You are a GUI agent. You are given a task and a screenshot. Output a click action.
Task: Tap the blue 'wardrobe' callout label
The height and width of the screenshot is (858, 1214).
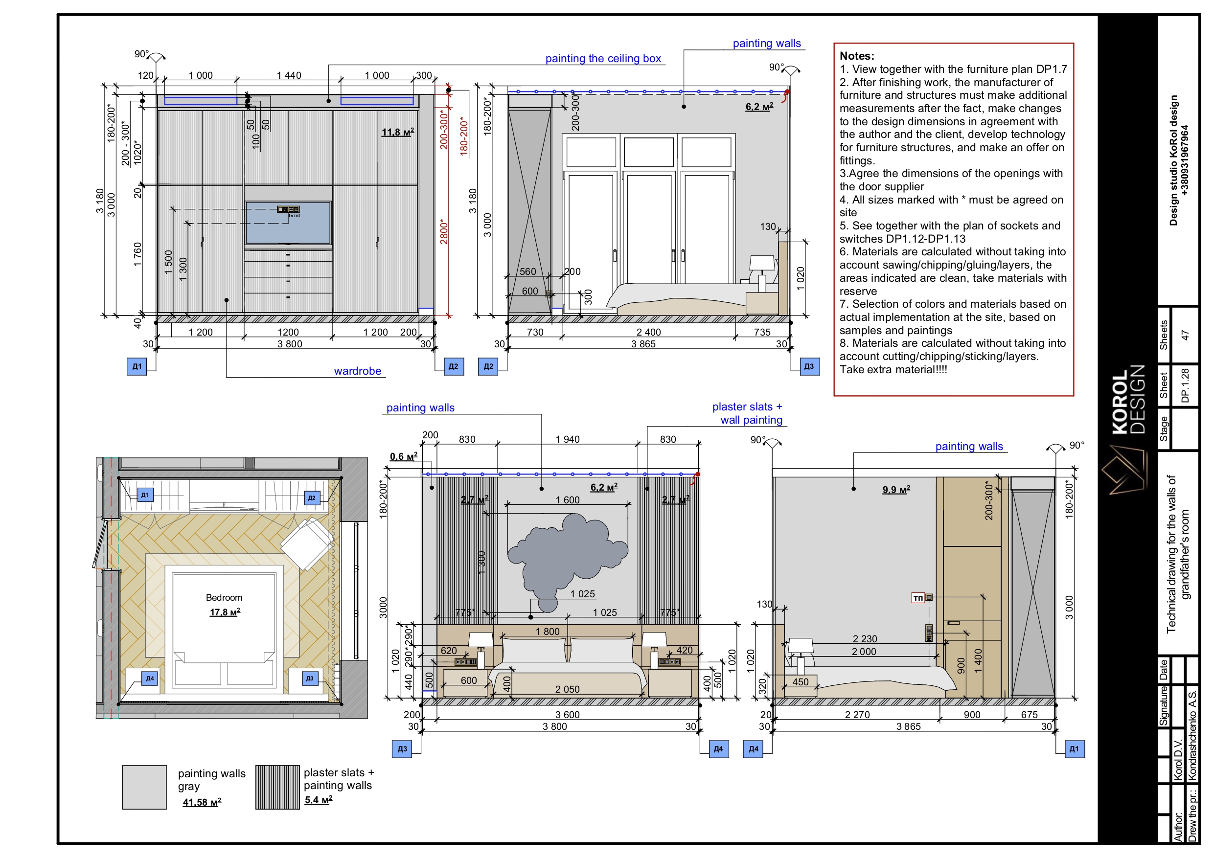click(x=357, y=371)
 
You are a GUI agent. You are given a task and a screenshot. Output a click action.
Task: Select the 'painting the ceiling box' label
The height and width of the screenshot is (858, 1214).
click(x=603, y=58)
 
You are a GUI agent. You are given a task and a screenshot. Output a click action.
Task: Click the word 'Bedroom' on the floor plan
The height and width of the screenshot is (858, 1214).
click(x=224, y=597)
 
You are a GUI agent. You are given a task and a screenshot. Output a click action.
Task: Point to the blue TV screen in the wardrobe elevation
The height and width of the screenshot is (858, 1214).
click(x=288, y=222)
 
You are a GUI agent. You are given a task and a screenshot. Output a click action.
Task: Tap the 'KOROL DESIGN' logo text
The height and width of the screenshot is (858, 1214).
click(x=1128, y=399)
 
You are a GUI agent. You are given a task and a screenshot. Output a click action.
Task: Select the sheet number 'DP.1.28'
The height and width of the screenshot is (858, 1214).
click(x=1185, y=385)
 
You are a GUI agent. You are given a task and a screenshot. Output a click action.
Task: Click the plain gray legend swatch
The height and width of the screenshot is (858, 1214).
click(x=144, y=787)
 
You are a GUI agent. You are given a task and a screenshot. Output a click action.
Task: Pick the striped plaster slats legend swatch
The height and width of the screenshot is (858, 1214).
click(x=277, y=787)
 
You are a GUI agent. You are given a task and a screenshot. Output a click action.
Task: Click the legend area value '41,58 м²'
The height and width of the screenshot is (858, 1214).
click(x=202, y=802)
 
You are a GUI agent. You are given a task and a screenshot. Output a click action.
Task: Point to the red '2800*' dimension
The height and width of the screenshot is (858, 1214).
click(x=444, y=231)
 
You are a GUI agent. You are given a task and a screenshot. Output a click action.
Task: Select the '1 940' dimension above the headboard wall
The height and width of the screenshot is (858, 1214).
click(x=567, y=439)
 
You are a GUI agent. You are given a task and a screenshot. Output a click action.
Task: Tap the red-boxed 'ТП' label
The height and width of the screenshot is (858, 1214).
click(x=918, y=598)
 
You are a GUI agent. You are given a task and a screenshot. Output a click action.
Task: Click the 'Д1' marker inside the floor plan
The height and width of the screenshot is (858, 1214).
click(x=145, y=495)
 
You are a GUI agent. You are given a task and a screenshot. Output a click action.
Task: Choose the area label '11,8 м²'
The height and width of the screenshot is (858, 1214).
click(x=398, y=132)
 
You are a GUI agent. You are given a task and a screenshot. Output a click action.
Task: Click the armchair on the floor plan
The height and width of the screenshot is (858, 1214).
click(x=307, y=543)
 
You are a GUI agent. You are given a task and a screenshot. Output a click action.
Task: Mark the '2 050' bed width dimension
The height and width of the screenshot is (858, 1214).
click(x=567, y=689)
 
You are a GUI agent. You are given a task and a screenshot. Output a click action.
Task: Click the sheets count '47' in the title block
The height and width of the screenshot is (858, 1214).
click(x=1185, y=335)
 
